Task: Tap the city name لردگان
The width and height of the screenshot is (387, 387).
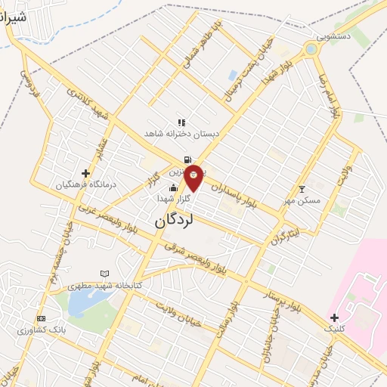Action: point(175,220)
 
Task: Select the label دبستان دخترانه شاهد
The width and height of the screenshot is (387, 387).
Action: point(181,132)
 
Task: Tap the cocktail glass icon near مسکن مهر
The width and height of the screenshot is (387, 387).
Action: point(302,188)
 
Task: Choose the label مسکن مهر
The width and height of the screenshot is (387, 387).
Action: point(302,201)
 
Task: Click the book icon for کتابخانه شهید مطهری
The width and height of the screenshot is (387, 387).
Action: point(104,274)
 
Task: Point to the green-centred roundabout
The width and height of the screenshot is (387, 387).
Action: point(310,50)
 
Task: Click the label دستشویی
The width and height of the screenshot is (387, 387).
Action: point(335,36)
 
